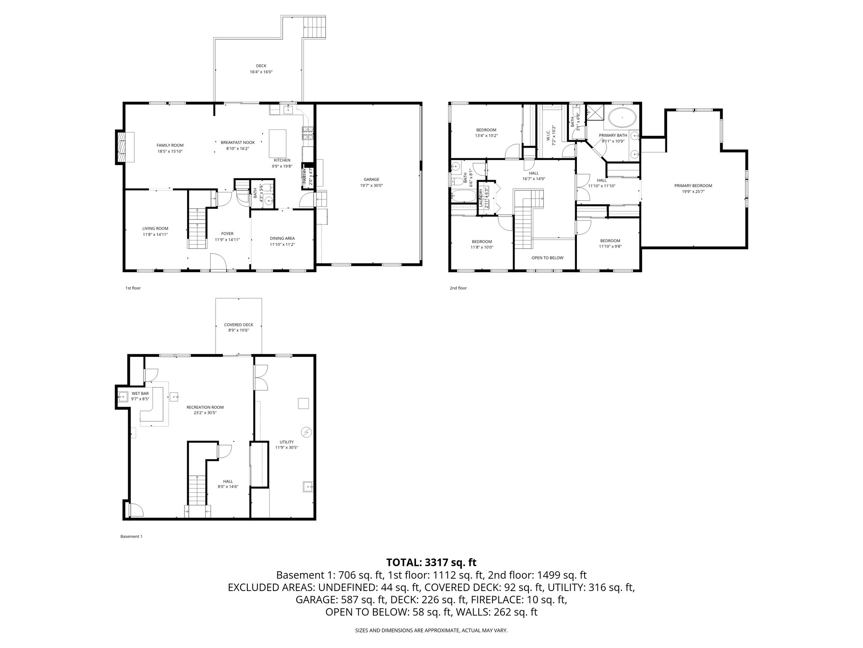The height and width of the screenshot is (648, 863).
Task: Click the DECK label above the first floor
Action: [261, 66]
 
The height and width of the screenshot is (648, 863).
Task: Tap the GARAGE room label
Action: [371, 179]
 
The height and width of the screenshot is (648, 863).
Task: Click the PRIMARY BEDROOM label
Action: [693, 186]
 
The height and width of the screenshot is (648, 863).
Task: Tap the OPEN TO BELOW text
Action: [547, 258]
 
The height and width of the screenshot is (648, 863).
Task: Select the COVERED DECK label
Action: [239, 324]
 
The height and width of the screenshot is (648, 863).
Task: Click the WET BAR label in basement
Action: [140, 393]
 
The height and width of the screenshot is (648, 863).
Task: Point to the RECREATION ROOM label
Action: [205, 407]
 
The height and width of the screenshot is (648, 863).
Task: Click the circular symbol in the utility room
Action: [306, 432]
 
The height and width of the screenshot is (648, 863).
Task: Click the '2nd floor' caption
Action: [458, 288]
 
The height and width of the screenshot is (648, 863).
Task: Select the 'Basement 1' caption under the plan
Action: [131, 537]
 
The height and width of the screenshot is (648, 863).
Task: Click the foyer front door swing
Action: [218, 261]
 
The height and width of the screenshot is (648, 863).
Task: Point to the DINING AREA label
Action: [282, 238]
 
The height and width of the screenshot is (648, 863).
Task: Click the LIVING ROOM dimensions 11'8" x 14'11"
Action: [155, 234]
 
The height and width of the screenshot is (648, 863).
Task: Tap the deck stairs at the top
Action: [315, 27]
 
